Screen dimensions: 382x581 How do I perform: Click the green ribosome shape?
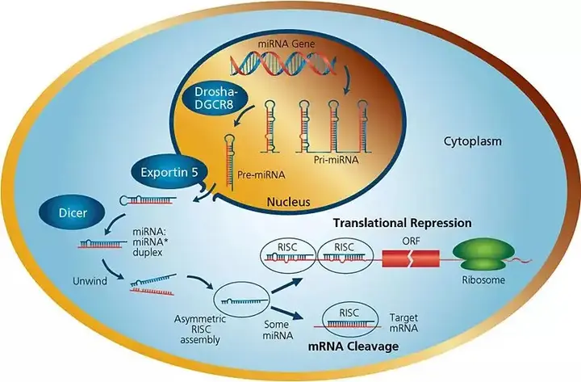479,254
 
